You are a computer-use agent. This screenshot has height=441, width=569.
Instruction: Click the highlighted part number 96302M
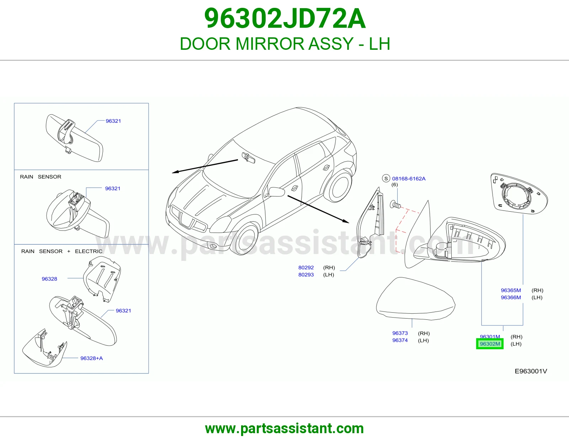point(490,344)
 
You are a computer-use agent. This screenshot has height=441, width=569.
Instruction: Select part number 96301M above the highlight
point(490,336)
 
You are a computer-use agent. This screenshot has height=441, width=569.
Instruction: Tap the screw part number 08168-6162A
point(409,179)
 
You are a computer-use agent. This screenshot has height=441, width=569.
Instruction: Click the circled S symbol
point(386,179)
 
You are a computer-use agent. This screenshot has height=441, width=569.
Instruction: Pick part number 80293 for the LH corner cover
point(306,275)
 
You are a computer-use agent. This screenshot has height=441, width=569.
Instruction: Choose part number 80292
point(306,267)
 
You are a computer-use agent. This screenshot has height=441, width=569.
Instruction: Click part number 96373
point(400,333)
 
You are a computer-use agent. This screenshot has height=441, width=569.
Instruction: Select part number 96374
point(400,340)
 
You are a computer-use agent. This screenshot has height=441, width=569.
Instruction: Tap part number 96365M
point(511,290)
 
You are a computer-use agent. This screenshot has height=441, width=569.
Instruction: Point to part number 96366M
point(511,297)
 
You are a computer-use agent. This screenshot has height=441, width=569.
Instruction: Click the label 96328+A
point(91,358)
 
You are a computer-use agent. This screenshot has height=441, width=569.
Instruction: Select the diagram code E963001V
point(531,371)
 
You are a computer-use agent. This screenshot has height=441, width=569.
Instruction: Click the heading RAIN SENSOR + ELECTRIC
point(62,251)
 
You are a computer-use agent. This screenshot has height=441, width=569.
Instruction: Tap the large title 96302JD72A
point(284,18)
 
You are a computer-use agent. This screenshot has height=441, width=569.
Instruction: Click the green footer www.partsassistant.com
point(284,429)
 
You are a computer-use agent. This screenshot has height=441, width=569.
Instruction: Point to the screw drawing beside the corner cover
point(395,204)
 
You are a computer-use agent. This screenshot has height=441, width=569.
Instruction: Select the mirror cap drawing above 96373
point(416,298)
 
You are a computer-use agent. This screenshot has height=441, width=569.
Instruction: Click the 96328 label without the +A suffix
point(49,279)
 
